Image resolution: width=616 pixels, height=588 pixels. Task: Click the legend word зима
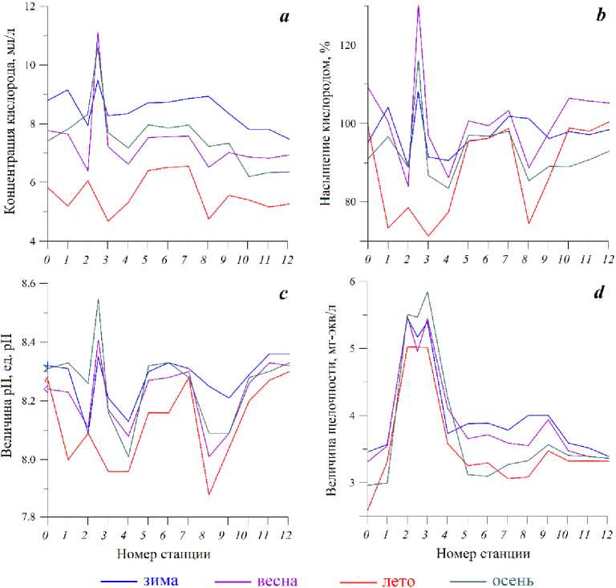(x=161, y=579)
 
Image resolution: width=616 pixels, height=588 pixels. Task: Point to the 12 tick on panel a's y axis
(x=31, y=7)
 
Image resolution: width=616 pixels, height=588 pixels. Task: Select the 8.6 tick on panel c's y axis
(x=27, y=284)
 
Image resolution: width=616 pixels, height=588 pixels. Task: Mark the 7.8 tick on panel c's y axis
(x=27, y=517)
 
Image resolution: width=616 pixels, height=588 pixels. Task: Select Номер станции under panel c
(x=164, y=554)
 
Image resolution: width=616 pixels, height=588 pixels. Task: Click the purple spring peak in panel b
(x=418, y=6)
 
